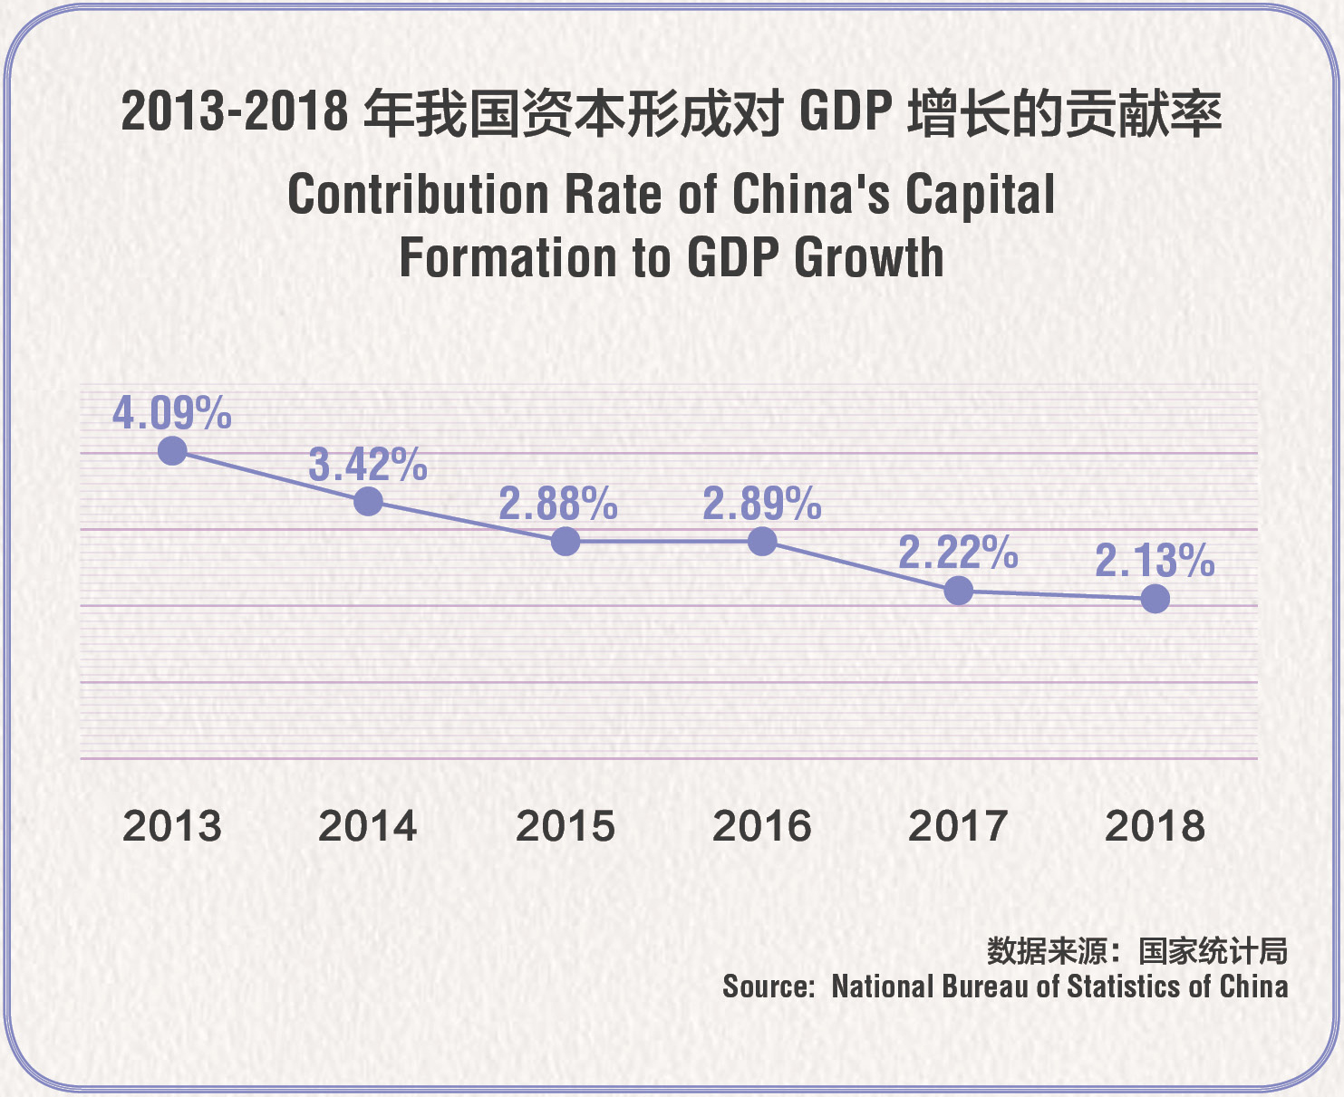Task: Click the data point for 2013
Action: [172, 450]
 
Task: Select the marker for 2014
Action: [368, 501]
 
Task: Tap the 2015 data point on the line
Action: [566, 542]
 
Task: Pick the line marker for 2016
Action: [762, 542]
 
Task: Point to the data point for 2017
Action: [958, 591]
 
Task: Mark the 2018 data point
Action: [1155, 599]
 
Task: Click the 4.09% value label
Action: [172, 413]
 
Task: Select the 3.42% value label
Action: [368, 465]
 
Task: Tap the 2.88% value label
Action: [558, 504]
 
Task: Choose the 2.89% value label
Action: [762, 504]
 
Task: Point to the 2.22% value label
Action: [958, 553]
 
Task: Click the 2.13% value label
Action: [1155, 561]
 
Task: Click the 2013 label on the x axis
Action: [172, 826]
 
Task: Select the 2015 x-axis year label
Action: [566, 826]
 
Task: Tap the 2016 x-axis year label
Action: [762, 826]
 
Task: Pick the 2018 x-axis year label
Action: [1155, 826]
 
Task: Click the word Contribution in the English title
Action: [418, 195]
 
